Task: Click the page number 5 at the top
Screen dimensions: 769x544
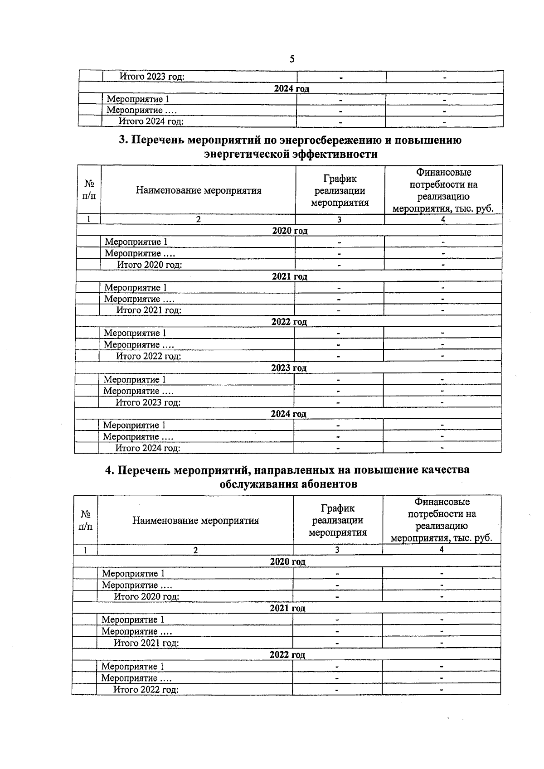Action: click(292, 59)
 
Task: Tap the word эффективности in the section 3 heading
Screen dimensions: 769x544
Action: click(335, 154)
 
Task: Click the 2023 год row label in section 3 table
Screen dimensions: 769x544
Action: click(289, 368)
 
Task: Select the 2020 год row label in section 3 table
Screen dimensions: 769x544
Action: click(290, 231)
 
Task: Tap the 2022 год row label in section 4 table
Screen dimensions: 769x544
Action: click(287, 655)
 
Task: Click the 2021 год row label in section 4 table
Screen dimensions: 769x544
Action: click(287, 608)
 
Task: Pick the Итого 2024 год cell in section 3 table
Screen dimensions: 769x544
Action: click(148, 448)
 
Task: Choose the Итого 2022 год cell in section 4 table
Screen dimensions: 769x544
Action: click(146, 690)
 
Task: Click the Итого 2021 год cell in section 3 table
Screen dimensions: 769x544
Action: click(149, 310)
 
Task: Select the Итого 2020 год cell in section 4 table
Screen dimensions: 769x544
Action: click(146, 596)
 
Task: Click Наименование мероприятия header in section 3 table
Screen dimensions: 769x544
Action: click(199, 190)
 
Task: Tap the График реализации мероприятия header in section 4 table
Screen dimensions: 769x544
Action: click(338, 520)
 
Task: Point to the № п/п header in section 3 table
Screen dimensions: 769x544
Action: click(89, 190)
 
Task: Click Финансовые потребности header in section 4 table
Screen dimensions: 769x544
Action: click(442, 520)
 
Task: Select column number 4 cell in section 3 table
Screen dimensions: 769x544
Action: click(443, 219)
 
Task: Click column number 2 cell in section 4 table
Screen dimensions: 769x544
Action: click(195, 550)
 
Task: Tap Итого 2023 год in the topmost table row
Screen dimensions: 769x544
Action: click(152, 77)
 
